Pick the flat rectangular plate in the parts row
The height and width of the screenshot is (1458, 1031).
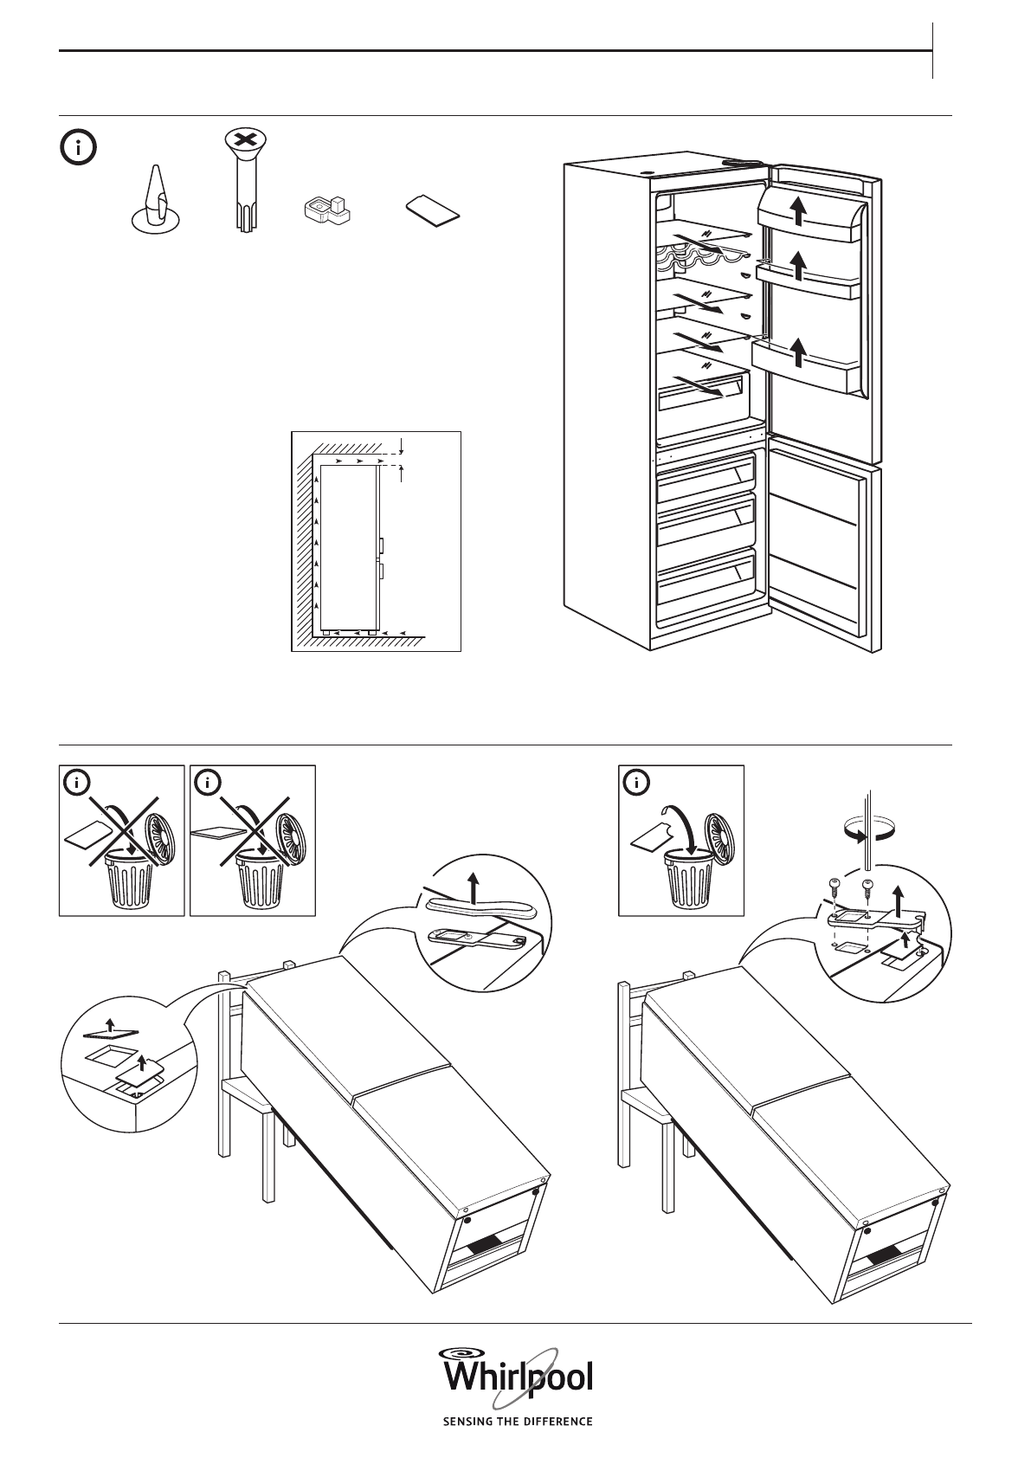[433, 210]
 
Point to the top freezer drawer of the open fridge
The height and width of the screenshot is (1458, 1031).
[706, 479]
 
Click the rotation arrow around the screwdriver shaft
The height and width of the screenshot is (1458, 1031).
[868, 833]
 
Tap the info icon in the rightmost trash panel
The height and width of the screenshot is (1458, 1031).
[637, 784]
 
